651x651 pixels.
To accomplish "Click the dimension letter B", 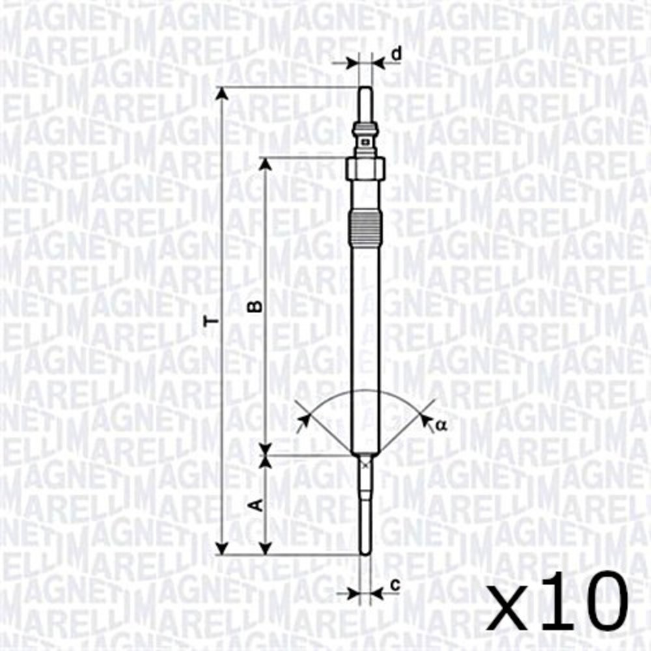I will [x=258, y=305].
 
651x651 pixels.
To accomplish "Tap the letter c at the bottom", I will [x=394, y=585].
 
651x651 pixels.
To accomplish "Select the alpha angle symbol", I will [x=441, y=425].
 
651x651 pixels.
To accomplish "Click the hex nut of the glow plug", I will [x=365, y=169].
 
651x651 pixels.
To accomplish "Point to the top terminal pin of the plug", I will [x=365, y=104].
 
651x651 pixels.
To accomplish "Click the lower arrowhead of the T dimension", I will [x=223, y=547].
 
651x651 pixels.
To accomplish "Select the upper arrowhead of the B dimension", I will [x=265, y=164].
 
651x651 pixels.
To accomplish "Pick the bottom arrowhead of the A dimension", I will [x=265, y=547].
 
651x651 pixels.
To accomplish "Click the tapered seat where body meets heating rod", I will [x=365, y=454].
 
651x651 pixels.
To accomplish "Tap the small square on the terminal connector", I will [x=365, y=139].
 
